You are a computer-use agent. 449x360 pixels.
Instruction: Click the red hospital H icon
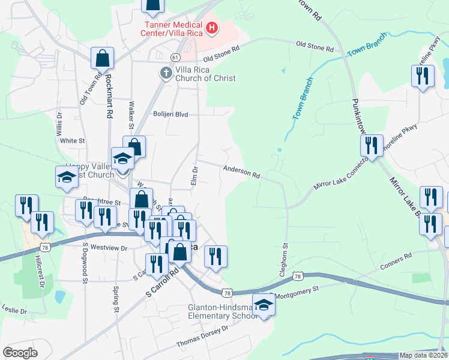click(x=211, y=27)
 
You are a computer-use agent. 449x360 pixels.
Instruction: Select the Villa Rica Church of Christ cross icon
click(x=166, y=73)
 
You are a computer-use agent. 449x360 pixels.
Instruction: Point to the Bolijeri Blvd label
click(x=170, y=114)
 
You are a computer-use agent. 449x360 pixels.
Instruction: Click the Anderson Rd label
click(x=241, y=172)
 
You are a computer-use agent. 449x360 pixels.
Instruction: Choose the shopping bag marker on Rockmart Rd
click(x=103, y=58)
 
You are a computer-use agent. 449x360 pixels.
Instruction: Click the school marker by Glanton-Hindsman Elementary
click(x=262, y=304)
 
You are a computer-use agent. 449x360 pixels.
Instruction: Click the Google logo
click(x=20, y=352)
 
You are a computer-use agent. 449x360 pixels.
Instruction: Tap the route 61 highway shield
click(x=175, y=56)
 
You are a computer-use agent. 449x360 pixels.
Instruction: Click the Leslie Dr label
click(x=14, y=311)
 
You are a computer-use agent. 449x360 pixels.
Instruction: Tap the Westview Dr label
click(x=109, y=248)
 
